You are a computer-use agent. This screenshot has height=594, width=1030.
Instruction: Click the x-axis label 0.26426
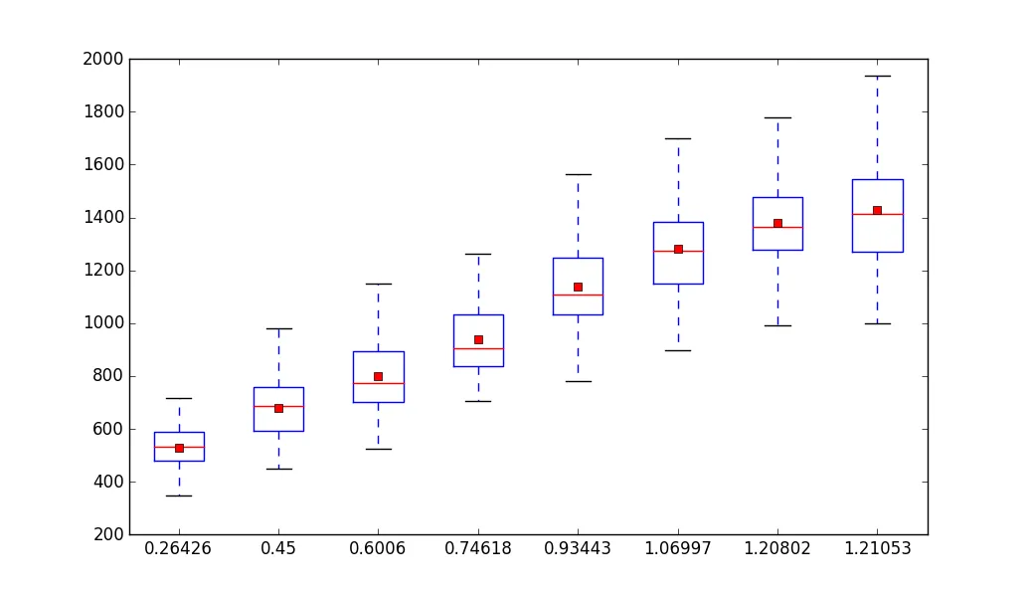(179, 549)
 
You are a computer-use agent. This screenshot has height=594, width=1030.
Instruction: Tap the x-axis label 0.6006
(378, 549)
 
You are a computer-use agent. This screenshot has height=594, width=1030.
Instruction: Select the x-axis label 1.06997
(677, 549)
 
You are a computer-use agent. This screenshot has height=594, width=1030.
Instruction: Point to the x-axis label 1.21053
(877, 549)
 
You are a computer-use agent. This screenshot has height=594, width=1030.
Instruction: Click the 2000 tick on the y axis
(103, 59)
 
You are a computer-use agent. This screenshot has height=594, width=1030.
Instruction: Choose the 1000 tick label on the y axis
(103, 323)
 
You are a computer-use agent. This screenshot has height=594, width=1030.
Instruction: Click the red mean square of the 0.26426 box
(179, 448)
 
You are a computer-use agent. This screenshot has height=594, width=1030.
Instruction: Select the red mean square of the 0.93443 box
(578, 287)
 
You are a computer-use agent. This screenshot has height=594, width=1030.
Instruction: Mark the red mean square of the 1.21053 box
(877, 210)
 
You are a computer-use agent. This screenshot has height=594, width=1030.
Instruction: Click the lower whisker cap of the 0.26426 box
(179, 495)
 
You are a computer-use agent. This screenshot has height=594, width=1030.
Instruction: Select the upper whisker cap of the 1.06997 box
(677, 138)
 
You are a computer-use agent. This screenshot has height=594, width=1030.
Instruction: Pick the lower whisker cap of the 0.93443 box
(578, 381)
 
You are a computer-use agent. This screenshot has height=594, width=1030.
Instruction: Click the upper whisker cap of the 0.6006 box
(378, 284)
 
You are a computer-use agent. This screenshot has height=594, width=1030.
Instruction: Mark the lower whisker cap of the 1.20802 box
(777, 325)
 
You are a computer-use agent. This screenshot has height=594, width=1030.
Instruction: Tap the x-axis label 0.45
(278, 549)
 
